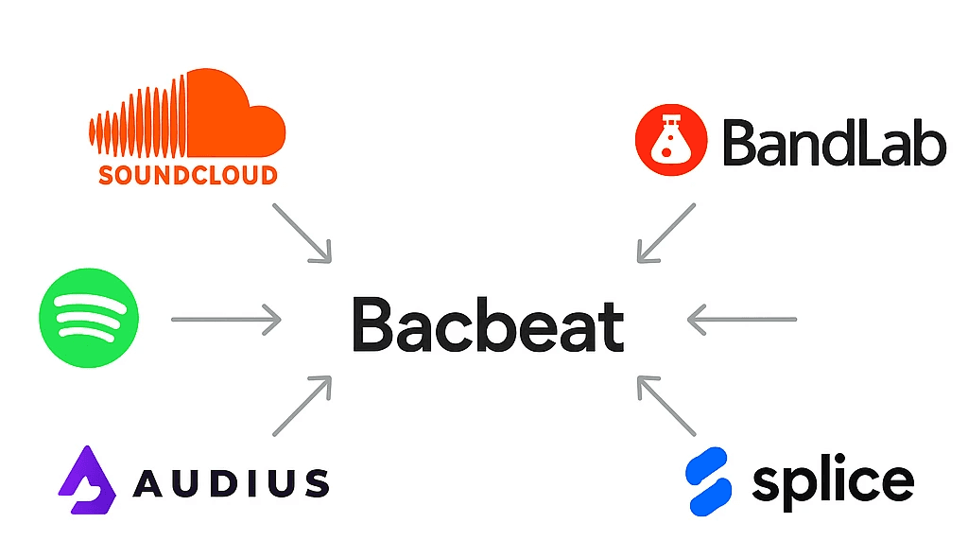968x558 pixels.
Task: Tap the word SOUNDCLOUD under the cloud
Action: [188, 175]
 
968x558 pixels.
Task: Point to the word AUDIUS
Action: [231, 482]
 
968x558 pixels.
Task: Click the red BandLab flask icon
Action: [671, 140]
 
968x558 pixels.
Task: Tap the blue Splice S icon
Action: [711, 480]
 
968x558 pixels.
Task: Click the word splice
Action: [832, 482]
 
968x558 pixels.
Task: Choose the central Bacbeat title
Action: [488, 324]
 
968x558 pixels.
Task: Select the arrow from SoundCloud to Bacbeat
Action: [302, 232]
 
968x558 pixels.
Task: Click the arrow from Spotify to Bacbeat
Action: [227, 320]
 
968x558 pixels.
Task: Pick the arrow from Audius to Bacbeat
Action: [302, 406]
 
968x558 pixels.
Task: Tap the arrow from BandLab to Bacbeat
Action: [666, 232]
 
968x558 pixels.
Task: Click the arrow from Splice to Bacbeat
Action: [666, 406]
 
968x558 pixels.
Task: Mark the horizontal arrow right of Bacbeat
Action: [742, 320]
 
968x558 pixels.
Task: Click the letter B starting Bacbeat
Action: [372, 324]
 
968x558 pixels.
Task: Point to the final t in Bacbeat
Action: [611, 324]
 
